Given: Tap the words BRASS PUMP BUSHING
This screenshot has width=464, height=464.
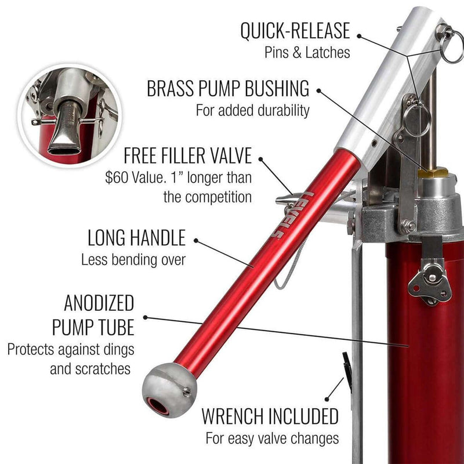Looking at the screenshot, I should (x=227, y=89).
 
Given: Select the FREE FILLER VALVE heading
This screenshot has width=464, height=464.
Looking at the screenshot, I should (x=188, y=155).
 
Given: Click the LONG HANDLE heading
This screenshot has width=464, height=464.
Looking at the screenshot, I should (x=136, y=238).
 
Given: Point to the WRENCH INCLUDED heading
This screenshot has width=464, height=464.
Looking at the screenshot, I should (x=270, y=416).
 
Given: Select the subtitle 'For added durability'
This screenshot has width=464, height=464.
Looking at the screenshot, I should (x=252, y=110).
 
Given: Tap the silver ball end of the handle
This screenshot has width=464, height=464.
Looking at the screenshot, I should (x=167, y=391).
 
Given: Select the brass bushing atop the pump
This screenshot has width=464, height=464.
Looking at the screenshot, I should (x=432, y=172).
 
